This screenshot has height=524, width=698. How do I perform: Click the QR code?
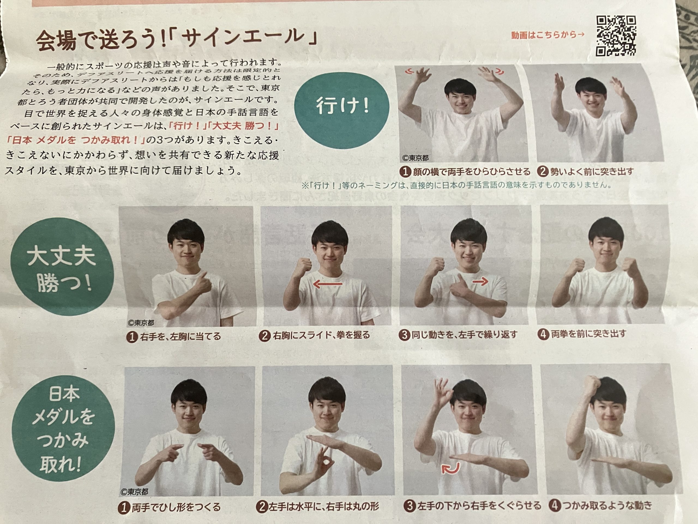point(616,36)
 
